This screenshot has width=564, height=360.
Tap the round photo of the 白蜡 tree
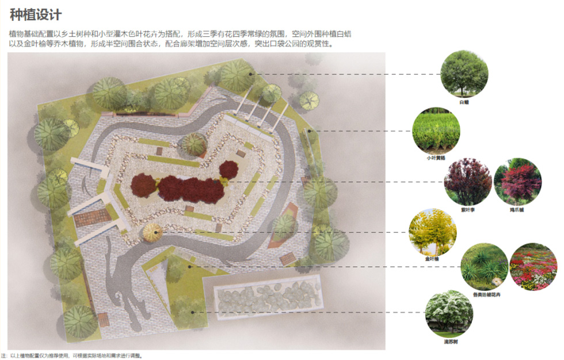coord(464,73)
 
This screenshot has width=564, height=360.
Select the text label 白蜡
coord(464,102)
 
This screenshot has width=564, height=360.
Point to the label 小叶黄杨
coord(435,156)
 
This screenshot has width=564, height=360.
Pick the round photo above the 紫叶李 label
coord(468,182)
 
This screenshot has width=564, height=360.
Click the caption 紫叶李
coord(468,210)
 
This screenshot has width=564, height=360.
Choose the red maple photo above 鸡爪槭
coord(517,182)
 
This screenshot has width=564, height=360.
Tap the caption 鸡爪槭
coord(517,210)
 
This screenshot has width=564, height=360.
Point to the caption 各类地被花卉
coord(484,294)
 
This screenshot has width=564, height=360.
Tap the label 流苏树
coord(449,342)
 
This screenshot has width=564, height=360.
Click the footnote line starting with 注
coord(71,355)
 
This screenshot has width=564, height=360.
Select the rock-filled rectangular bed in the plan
coord(267,297)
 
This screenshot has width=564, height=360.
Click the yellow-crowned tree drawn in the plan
coord(153,232)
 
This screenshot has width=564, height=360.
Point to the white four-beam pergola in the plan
coord(258,111)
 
